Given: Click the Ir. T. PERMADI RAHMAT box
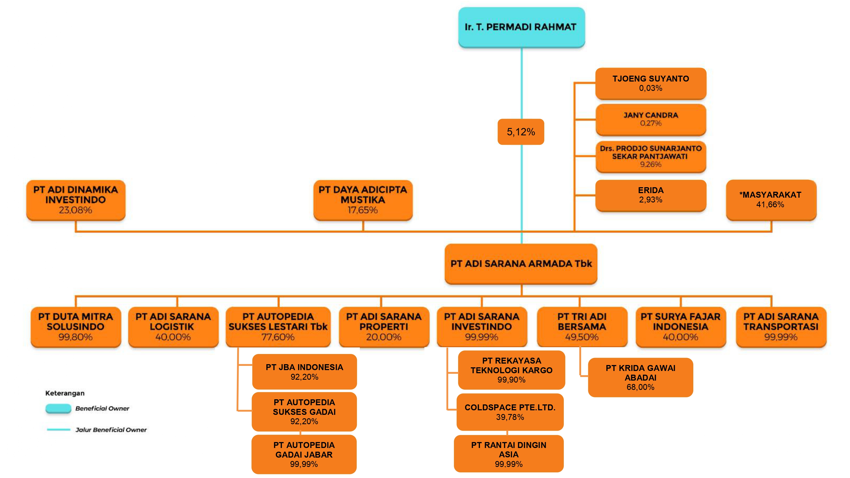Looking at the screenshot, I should [x=521, y=27].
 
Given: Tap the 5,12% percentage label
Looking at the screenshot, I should [x=521, y=132].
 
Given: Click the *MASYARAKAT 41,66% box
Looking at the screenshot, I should [x=771, y=200].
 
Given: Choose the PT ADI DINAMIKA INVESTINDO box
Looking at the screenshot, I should [x=76, y=200].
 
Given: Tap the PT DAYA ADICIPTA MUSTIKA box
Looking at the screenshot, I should [x=363, y=200].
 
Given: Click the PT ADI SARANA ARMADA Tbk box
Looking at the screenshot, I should [x=521, y=264].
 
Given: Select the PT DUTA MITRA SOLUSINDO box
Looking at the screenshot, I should [x=76, y=327].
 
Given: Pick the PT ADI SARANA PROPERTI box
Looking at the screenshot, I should [x=384, y=327].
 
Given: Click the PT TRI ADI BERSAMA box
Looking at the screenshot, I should [x=582, y=327].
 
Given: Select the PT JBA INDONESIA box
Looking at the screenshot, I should [x=304, y=372].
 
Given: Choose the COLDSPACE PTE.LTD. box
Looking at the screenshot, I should [x=510, y=412].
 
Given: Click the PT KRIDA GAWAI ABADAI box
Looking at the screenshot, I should [x=640, y=377].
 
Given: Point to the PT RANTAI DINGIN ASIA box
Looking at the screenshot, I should [x=509, y=454].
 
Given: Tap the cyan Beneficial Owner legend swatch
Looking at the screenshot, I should [x=58, y=408].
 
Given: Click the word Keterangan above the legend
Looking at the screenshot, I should [x=65, y=393].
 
